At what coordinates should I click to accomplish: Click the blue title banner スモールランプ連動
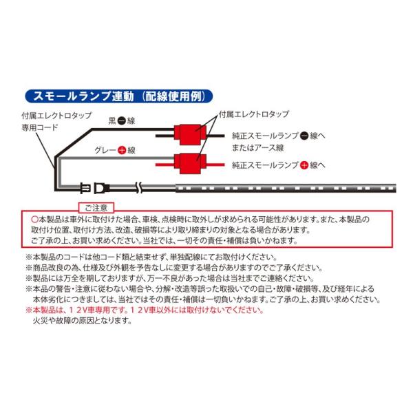point(118,96)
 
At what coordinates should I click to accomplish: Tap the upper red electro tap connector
point(190,135)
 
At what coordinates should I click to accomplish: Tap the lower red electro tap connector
point(190,164)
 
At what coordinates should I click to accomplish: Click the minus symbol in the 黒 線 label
point(121,121)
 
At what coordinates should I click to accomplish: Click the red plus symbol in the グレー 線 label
point(122,150)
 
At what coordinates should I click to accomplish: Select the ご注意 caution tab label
point(96,208)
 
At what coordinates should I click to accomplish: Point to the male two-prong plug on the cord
point(85,189)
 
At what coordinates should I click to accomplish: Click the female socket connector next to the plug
point(102,188)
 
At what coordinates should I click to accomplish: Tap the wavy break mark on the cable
point(140,187)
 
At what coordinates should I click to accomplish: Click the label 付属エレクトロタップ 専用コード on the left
point(56,121)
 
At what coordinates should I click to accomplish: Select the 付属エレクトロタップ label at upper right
point(254,114)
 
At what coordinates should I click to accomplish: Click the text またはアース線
point(257,148)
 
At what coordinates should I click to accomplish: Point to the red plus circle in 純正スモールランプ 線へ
point(304,165)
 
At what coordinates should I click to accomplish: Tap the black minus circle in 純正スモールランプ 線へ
point(304,136)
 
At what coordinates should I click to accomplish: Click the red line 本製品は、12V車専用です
point(145,310)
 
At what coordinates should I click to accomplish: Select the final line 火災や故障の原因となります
point(82,321)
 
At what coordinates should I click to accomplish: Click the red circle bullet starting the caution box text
point(34,219)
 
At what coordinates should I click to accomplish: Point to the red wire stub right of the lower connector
point(215,165)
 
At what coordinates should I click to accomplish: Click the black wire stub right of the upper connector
point(215,136)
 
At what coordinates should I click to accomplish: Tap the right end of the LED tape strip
point(396,188)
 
